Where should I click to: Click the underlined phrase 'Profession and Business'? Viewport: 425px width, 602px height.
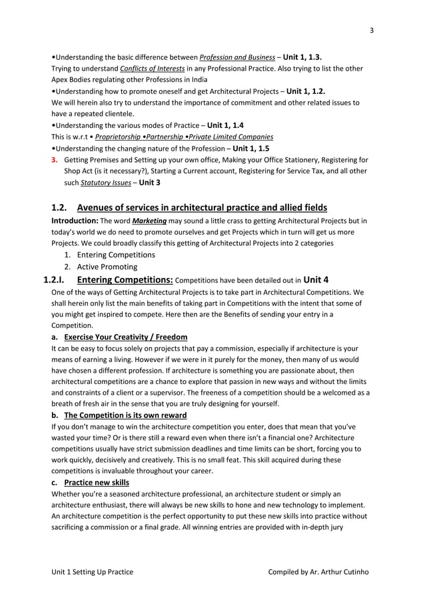(x=237, y=57)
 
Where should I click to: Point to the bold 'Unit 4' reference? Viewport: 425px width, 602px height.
(x=316, y=279)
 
